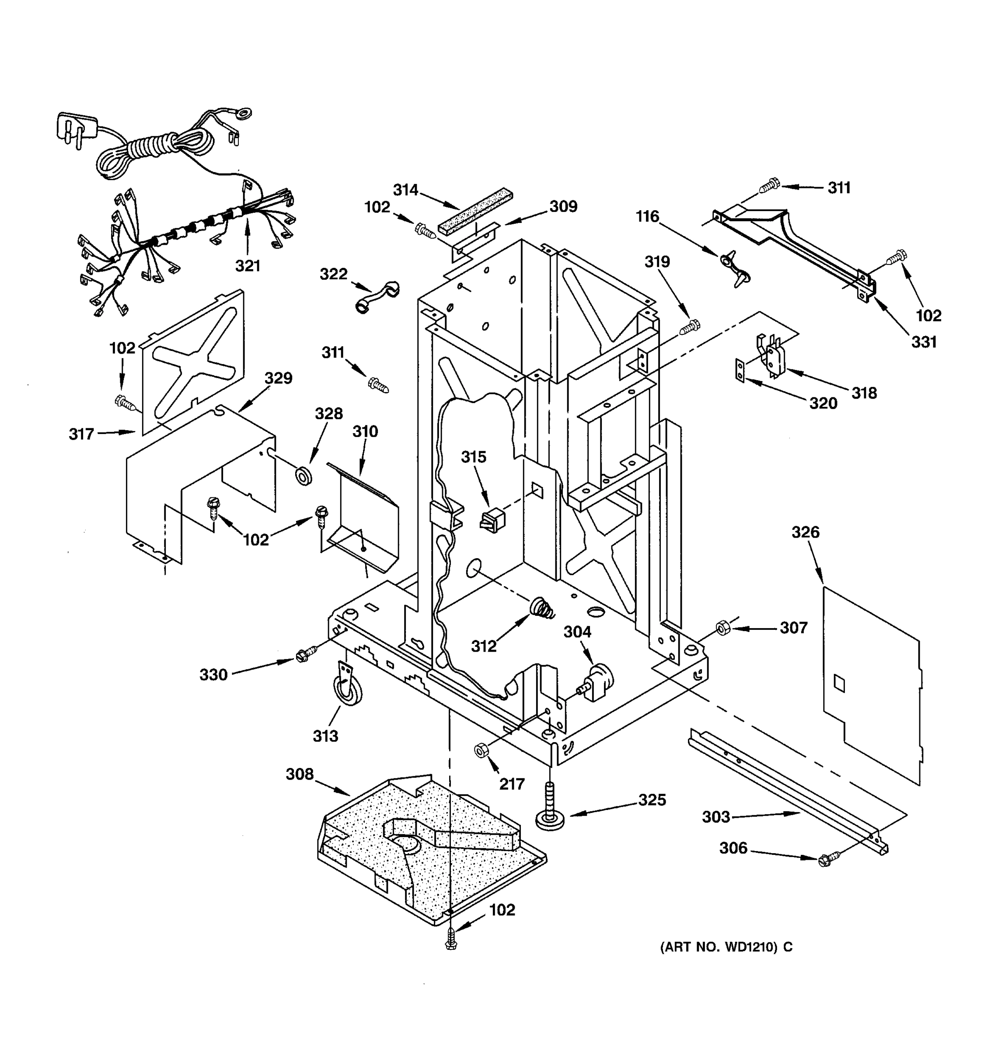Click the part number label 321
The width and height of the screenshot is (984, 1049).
[x=248, y=266]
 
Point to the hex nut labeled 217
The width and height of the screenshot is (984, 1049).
[x=481, y=750]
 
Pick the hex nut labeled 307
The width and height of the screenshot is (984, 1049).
[x=722, y=629]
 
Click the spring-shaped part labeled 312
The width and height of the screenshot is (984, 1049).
[x=543, y=609]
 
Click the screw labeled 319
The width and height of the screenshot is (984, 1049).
[x=689, y=327]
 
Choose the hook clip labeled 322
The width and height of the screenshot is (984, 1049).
[x=377, y=298]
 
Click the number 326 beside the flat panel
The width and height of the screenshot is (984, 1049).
[x=805, y=532]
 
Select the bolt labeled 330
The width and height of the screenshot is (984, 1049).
[x=304, y=654]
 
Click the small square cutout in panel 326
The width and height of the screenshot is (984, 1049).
[x=839, y=684]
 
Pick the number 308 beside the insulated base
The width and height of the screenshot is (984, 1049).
[x=299, y=774]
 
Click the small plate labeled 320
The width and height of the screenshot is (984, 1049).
[x=740, y=370]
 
